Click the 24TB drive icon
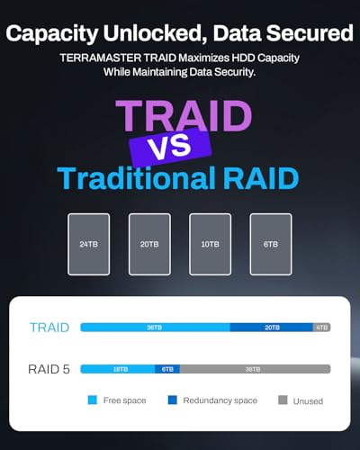click(x=88, y=244)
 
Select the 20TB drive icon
click(x=149, y=244)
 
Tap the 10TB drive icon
click(x=210, y=244)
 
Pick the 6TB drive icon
click(x=270, y=244)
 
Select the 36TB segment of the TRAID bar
click(x=155, y=328)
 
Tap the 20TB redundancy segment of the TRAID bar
click(x=271, y=328)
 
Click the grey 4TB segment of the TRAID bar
click(x=322, y=328)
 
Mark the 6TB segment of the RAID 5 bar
click(x=167, y=369)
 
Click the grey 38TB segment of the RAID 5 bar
click(x=255, y=369)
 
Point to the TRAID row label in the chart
click(x=49, y=328)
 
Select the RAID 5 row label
click(x=50, y=369)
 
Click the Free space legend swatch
click(x=93, y=400)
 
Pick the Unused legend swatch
click(x=283, y=400)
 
